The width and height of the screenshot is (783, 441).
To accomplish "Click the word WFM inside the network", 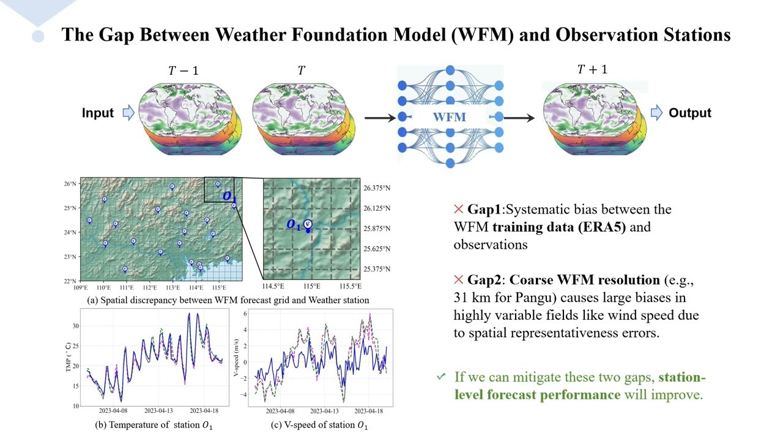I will (450, 116).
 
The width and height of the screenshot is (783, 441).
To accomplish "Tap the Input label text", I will (98, 113).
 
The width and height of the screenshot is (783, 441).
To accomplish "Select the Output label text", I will (690, 113).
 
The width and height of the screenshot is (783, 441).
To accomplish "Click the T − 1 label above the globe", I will (183, 70).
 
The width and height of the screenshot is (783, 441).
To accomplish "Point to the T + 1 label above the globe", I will (592, 69).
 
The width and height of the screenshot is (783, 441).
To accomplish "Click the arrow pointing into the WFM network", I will (380, 117).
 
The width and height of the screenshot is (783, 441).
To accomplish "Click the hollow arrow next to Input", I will (128, 113).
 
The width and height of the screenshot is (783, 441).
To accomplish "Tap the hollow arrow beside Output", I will (656, 113).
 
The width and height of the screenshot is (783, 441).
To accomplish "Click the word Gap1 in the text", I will (484, 209).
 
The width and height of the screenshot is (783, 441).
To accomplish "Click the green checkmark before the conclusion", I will (441, 377).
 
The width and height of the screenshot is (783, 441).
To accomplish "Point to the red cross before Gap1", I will (459, 209).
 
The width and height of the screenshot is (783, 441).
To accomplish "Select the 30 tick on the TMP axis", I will (76, 326).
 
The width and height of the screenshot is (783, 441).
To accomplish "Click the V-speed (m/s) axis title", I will (237, 358).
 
